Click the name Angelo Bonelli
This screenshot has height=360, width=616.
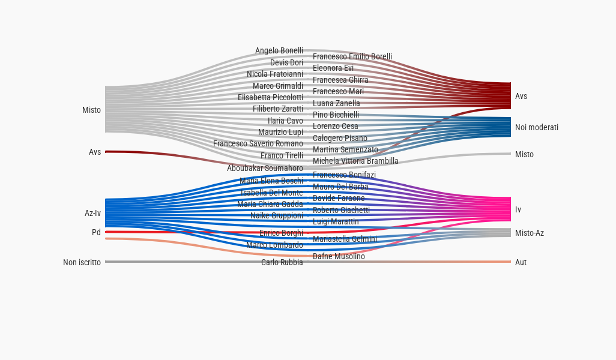pos(279,51)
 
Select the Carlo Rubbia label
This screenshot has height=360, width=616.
pos(282,262)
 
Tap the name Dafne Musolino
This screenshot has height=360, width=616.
pos(339,257)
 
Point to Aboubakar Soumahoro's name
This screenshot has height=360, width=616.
pos(265,169)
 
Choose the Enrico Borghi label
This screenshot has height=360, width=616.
pos(281,233)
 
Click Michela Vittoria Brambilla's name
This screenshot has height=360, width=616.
pos(355,161)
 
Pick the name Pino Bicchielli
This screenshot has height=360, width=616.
pos(336,115)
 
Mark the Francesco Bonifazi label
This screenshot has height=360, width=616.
pos(344,175)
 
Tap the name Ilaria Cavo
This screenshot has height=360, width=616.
pos(285,121)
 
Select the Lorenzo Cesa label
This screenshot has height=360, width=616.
pos(335,127)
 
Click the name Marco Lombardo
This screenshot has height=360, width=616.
pos(274,245)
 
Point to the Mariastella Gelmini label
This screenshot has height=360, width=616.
pos(345,239)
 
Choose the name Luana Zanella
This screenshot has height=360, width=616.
pos(336,104)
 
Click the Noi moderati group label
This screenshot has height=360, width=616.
pos(537,128)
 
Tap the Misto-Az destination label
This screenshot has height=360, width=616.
pos(530,233)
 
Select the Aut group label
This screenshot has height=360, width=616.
pos(521,262)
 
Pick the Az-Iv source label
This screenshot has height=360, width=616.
pos(92,213)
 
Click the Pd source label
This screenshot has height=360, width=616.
pos(96,232)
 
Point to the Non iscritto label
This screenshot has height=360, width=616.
pos(82,262)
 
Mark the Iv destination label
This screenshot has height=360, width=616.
pos(518,209)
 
